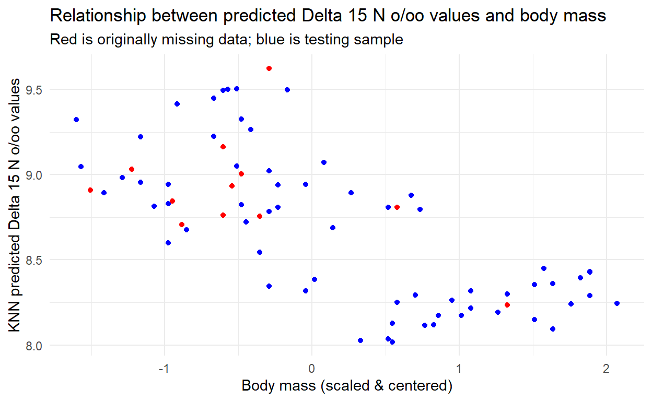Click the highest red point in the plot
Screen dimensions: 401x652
269,68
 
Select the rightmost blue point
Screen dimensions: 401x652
617,303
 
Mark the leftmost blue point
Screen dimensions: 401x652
76,120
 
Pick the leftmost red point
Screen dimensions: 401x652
90,190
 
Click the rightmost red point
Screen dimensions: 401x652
507,305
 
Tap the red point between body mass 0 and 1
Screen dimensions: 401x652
397,207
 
